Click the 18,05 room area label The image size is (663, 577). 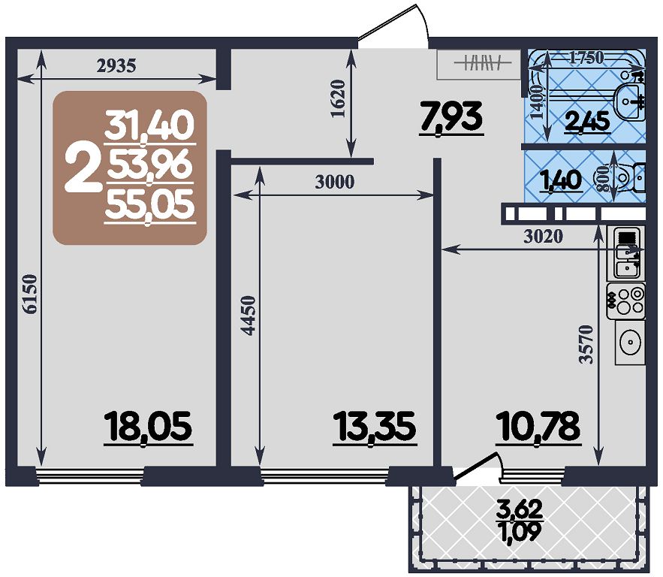tap(149, 427)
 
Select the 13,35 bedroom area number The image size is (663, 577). tap(375, 427)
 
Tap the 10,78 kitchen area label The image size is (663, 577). tap(538, 427)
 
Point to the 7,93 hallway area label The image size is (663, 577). tap(451, 118)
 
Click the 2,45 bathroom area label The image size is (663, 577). tap(588, 122)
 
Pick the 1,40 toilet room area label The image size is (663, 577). tap(562, 181)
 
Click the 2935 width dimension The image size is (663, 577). tap(116, 65)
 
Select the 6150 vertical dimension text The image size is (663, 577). tap(31, 295)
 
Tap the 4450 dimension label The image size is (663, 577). tap(249, 316)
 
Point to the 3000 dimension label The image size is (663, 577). tap(334, 182)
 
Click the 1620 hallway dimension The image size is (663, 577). tap(339, 99)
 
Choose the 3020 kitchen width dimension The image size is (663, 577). tap(544, 237)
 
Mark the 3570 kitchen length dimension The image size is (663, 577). tap(587, 344)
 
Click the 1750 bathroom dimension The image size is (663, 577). tap(586, 58)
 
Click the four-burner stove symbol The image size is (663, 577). tap(626, 301)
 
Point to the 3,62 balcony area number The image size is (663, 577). tap(520, 509)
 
